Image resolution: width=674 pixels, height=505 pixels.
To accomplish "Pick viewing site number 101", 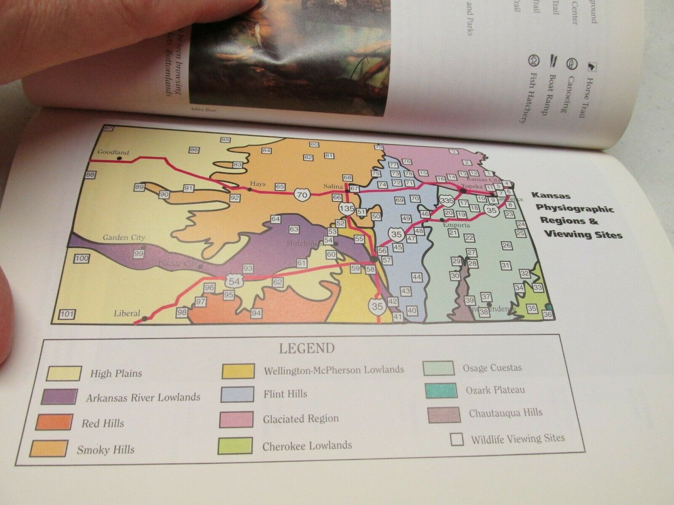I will click(67, 314).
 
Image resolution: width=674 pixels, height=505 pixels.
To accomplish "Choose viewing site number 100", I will click(82, 259).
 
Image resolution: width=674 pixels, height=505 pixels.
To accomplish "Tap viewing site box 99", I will click(139, 253).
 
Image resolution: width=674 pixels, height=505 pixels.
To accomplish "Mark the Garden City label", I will click(124, 238).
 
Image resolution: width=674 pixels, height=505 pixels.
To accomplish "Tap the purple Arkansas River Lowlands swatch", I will click(59, 396).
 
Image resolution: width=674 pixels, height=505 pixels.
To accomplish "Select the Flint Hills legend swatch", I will click(237, 394).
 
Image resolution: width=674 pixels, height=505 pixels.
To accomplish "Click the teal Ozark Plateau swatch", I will click(439, 391).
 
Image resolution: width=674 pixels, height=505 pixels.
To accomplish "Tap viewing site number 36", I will click(548, 314).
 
